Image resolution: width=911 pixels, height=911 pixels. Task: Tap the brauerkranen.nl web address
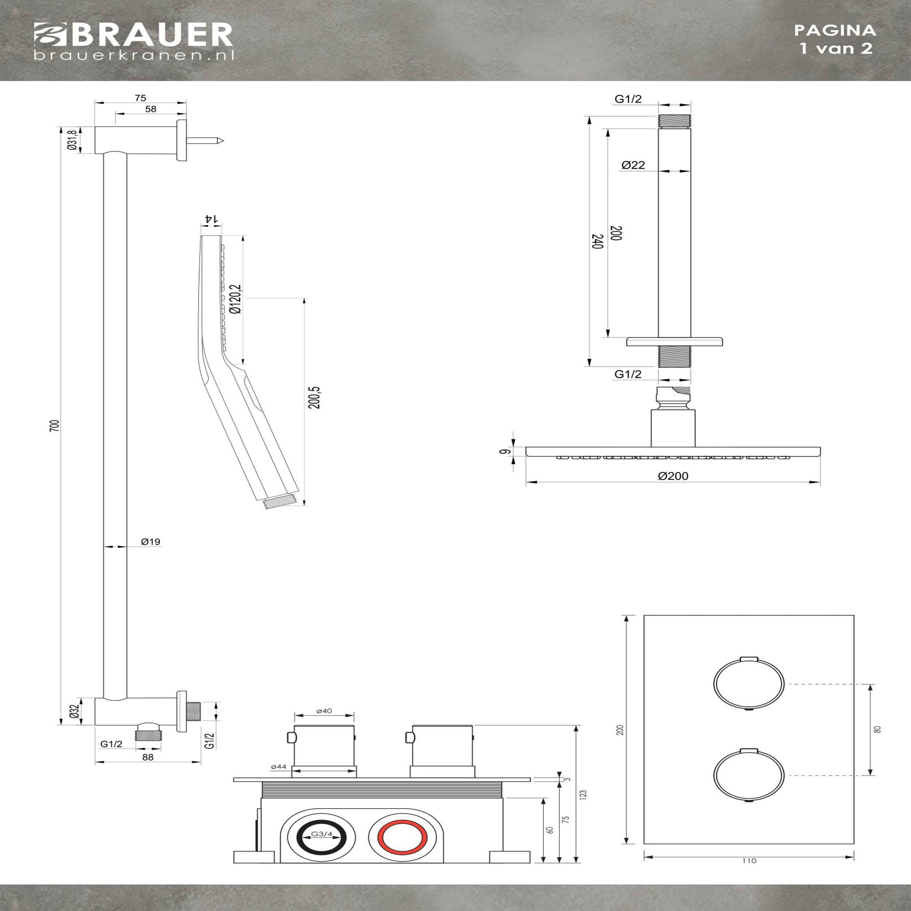[134, 55]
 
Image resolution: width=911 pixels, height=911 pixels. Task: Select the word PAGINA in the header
[835, 30]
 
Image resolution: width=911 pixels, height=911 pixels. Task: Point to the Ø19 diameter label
[150, 542]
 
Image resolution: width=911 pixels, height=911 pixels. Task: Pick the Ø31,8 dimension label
[72, 140]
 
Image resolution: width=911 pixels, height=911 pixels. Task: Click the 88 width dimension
[148, 757]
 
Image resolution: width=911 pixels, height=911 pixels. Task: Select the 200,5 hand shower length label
[315, 397]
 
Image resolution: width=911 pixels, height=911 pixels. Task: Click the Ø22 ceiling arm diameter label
[633, 165]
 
